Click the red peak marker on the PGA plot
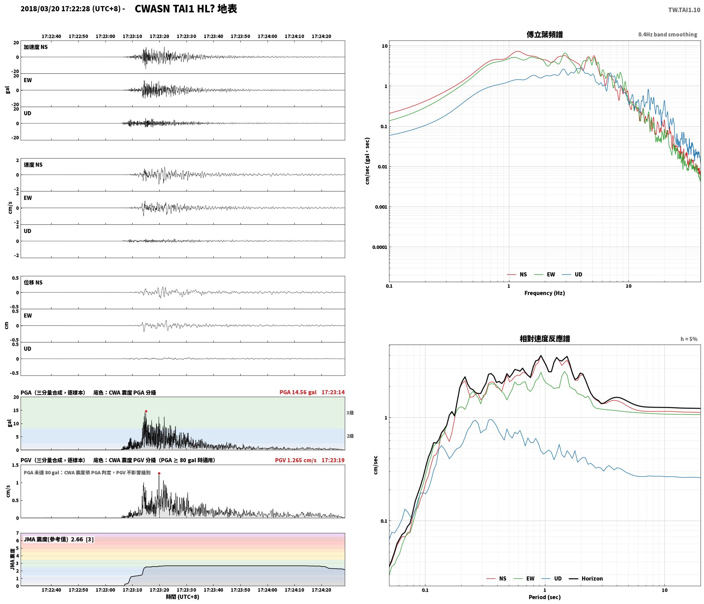(x=146, y=411)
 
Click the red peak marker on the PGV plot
(x=159, y=473)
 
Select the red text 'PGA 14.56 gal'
(x=298, y=392)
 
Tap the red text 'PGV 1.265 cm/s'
(x=296, y=460)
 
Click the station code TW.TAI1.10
(x=684, y=10)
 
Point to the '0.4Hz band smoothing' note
(x=668, y=35)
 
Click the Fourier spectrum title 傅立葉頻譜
(x=545, y=34)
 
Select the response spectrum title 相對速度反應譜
(x=545, y=339)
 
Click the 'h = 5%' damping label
(x=689, y=339)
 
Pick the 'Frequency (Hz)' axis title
(x=545, y=293)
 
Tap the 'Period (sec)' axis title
(x=545, y=597)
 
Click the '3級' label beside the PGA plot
(x=350, y=413)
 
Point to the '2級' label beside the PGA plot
(x=350, y=436)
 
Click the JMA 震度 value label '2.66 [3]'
(x=82, y=539)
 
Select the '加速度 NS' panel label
(x=36, y=47)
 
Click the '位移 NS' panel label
(x=33, y=282)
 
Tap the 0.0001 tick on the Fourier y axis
(x=380, y=247)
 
